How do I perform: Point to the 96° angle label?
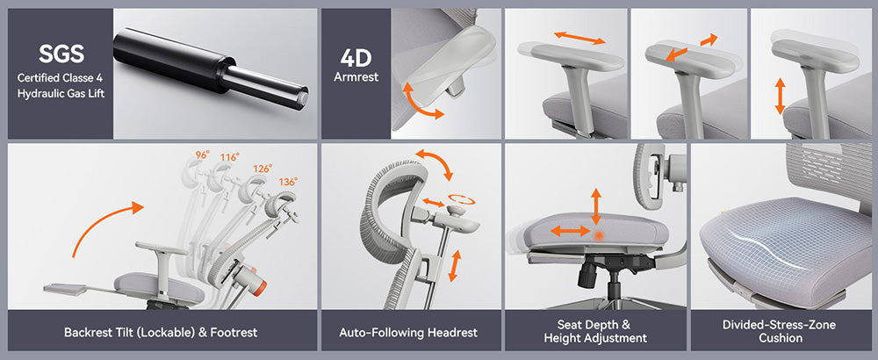click(202, 155)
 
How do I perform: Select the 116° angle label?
click(231, 158)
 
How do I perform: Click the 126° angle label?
click(261, 168)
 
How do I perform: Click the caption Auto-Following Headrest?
click(408, 333)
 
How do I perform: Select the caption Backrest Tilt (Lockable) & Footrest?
click(161, 333)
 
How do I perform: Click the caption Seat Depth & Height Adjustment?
click(595, 332)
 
